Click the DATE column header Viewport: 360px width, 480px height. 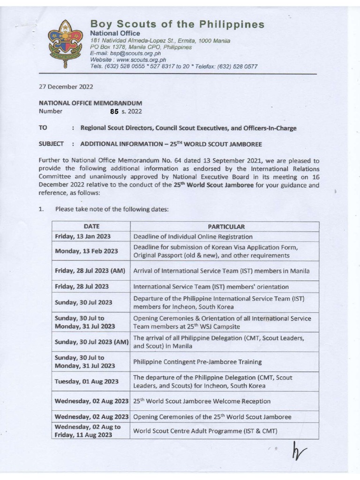pos(92,226)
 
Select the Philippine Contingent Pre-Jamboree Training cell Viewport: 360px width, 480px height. pos(197,362)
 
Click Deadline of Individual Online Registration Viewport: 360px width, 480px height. pos(193,237)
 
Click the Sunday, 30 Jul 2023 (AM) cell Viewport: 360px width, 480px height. pos(92,342)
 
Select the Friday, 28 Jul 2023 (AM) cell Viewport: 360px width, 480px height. pos(92,271)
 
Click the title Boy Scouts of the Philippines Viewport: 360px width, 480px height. pos(177,24)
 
